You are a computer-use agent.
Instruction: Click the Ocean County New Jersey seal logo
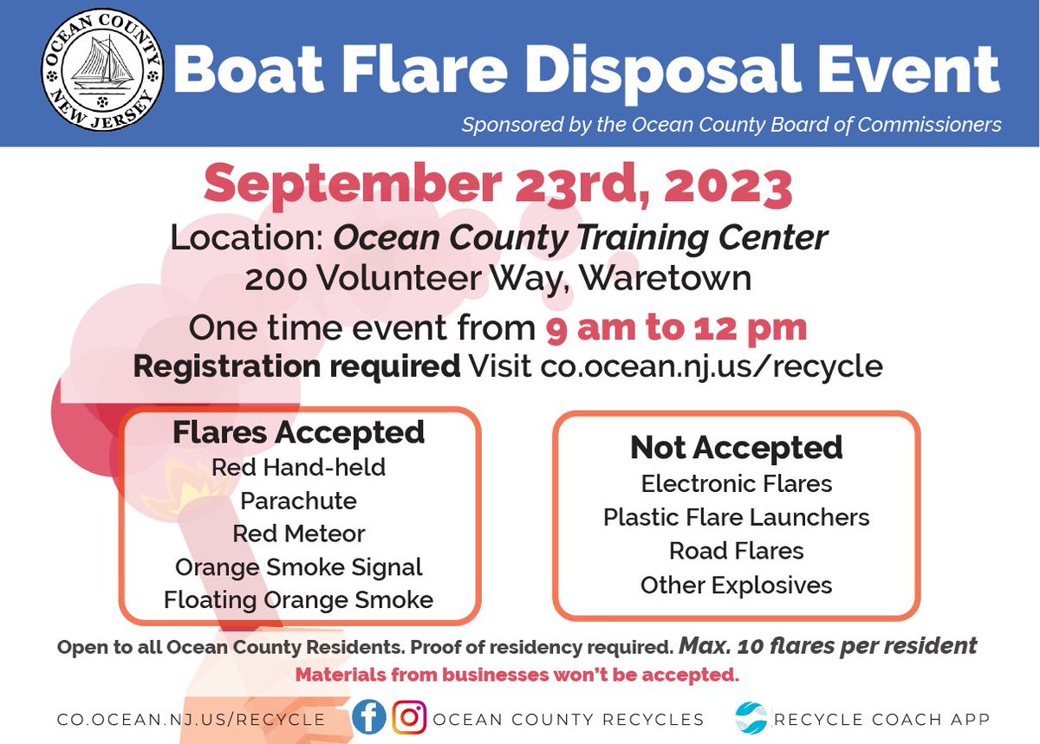(101, 73)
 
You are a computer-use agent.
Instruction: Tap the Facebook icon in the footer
(369, 718)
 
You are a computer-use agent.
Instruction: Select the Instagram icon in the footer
(409, 718)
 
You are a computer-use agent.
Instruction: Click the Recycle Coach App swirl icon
(751, 718)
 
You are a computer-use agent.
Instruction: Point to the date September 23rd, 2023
(497, 185)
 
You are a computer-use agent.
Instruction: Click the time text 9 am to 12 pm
(676, 328)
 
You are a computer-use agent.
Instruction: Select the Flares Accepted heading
(298, 432)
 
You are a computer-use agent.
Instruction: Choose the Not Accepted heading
(736, 447)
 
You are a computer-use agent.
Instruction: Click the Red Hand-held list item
(298, 468)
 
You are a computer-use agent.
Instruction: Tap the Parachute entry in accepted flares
(298, 501)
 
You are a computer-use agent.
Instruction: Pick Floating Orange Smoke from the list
(298, 599)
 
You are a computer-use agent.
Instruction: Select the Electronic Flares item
(736, 482)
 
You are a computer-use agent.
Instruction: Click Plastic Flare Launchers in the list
(736, 517)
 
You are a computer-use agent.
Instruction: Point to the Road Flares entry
(736, 551)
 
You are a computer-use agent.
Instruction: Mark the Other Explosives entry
(736, 585)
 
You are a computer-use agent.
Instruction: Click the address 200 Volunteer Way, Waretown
(497, 280)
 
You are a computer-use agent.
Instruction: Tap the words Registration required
(296, 366)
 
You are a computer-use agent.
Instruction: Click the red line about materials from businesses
(517, 674)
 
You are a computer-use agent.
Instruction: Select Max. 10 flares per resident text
(828, 646)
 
